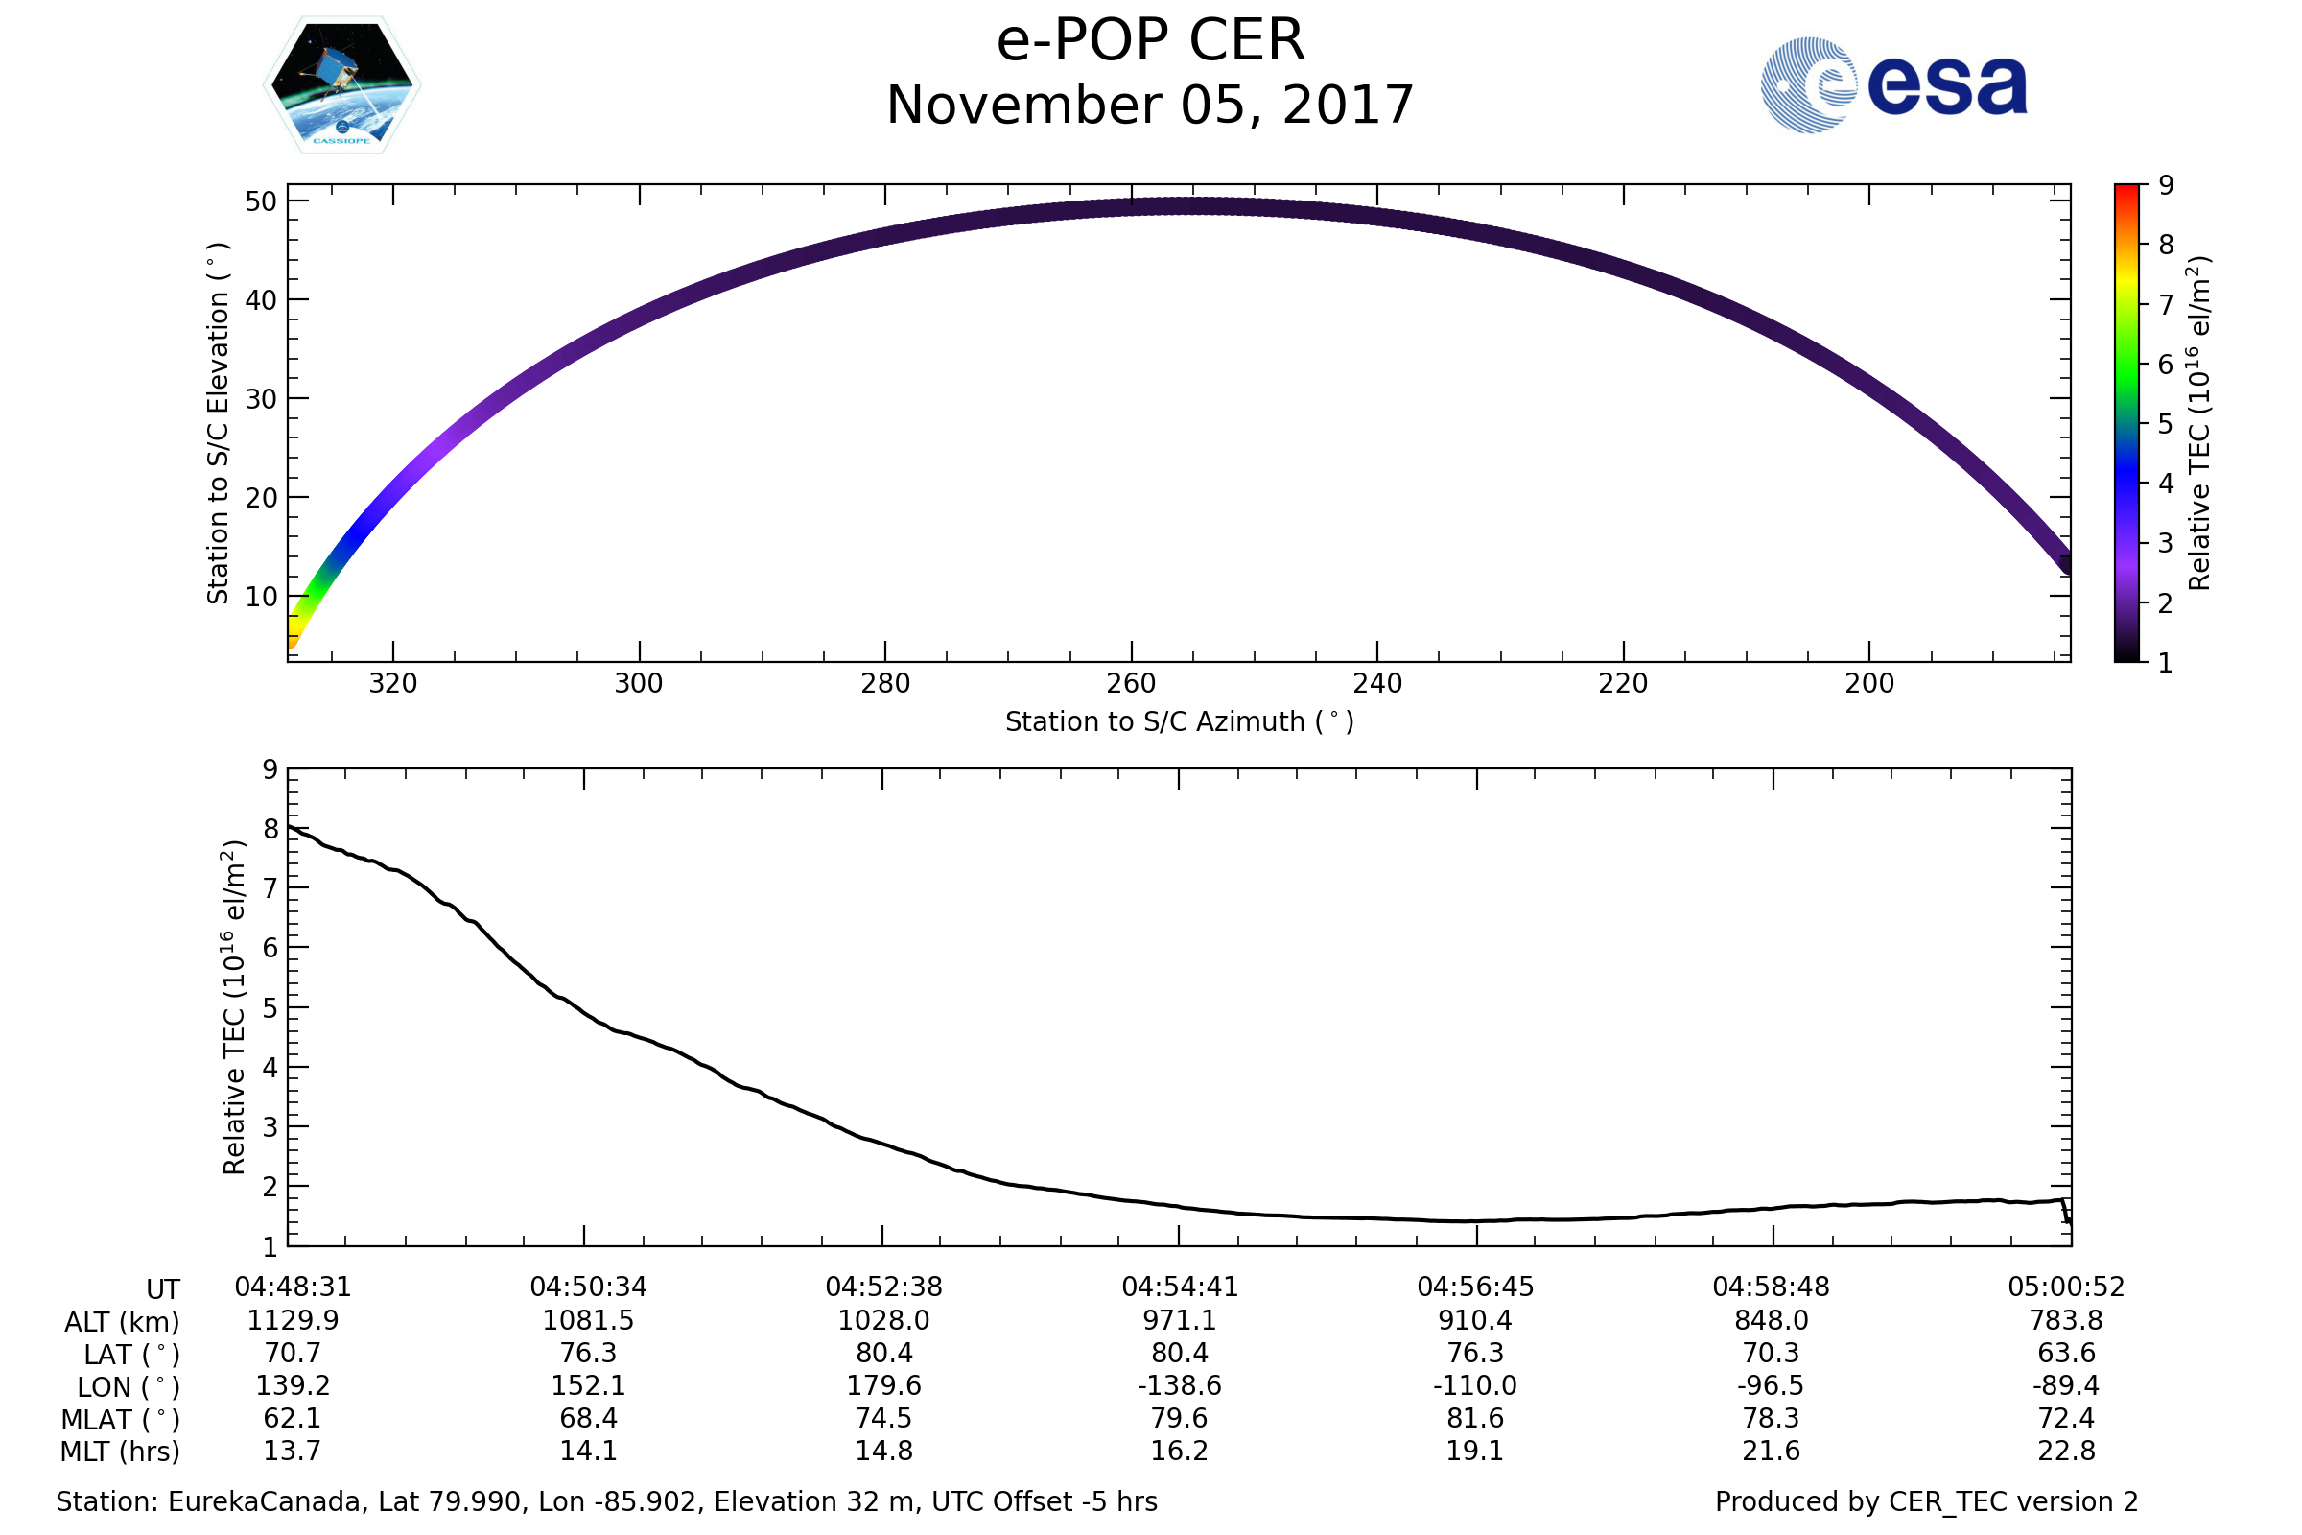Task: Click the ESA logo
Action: point(1892,85)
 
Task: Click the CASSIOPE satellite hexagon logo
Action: point(342,85)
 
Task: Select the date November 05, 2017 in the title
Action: point(1150,106)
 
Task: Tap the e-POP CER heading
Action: point(1150,41)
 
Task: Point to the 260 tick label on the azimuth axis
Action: point(1132,683)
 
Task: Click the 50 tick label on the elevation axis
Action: point(261,201)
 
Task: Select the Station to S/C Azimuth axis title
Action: point(1180,722)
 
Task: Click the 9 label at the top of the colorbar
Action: point(2166,185)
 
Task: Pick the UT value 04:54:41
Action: point(1180,1287)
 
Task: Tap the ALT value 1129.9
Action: point(293,1321)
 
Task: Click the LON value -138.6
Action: point(1180,1386)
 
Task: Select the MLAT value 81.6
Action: point(1475,1419)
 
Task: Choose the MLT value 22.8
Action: point(2066,1451)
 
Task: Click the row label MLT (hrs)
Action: point(121,1452)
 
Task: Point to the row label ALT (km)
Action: point(123,1323)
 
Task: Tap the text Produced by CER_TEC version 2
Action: point(1926,1502)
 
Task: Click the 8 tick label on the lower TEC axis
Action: point(270,829)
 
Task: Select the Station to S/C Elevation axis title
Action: point(219,423)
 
